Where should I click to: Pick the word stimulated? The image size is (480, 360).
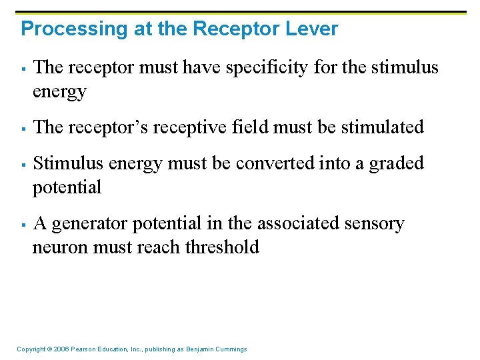383,127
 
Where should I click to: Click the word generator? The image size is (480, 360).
91,224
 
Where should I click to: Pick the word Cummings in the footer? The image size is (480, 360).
229,349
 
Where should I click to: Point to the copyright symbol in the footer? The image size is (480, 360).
49,349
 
